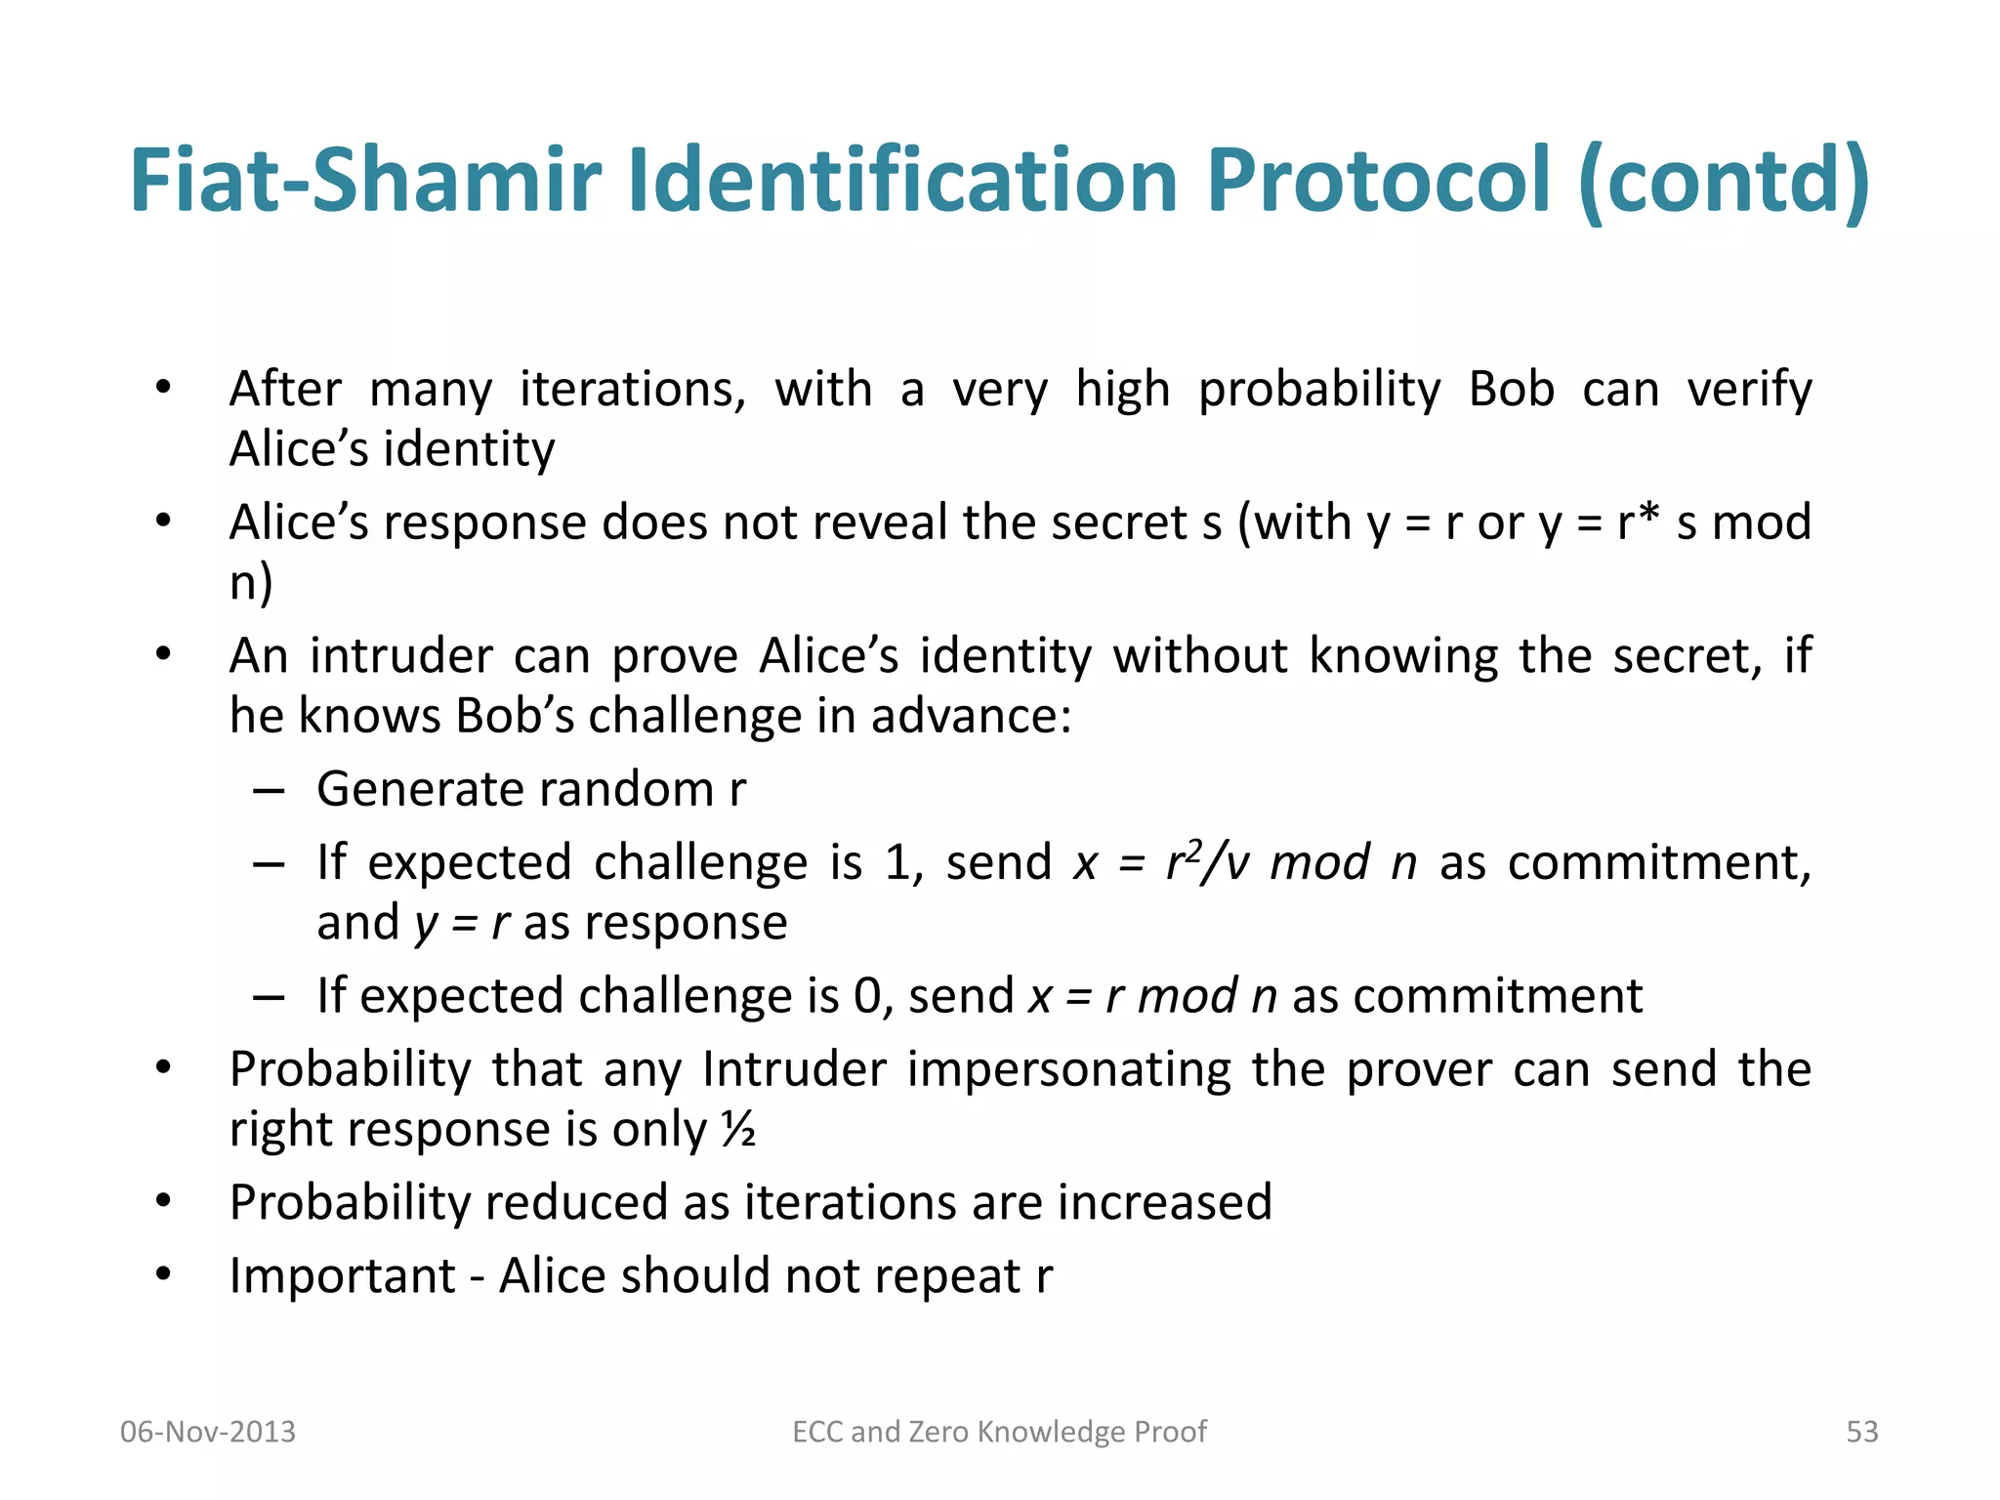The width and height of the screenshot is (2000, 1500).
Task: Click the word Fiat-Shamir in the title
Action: coord(364,181)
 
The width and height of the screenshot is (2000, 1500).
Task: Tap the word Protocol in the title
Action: coord(1378,181)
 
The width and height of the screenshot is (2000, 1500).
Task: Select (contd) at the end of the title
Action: coord(1725,181)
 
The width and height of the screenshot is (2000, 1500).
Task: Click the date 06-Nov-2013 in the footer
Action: coord(207,1432)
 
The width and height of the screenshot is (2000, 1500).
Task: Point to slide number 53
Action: coord(1861,1432)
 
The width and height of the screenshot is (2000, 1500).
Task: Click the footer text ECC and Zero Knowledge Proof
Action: coord(999,1432)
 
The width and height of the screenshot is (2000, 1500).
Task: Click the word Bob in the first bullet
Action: coord(1511,390)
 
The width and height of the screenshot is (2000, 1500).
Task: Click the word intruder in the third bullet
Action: coord(401,655)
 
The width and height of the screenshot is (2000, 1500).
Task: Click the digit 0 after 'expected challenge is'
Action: coord(866,997)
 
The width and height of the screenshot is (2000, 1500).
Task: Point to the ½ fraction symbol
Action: coord(738,1130)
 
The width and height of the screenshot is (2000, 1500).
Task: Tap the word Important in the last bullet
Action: coord(342,1276)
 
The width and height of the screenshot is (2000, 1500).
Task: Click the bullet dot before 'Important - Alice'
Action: coord(163,1274)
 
